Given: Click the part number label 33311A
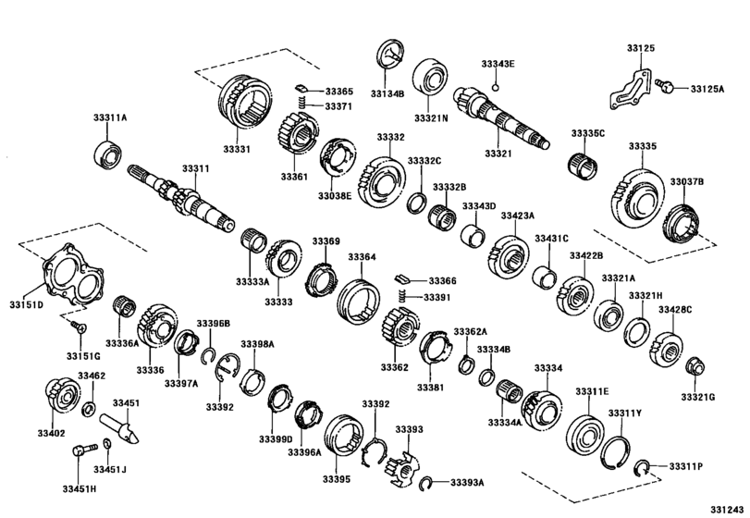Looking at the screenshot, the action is coord(110,117).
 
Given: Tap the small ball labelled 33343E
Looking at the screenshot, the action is coord(496,88).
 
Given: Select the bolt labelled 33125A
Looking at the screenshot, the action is coord(665,86).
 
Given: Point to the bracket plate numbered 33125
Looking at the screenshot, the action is coord(630,90).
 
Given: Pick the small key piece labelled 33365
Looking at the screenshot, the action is coord(300,88).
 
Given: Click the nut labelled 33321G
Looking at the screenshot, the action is coord(696,366).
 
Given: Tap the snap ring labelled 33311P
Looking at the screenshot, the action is coord(641,468).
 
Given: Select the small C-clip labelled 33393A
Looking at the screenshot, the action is coord(425,484).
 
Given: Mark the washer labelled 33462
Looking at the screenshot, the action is coord(89,410).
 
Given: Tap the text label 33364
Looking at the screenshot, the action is coord(362,257).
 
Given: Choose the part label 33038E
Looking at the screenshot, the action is coord(335,195).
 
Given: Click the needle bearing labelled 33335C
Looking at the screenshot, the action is coord(583,166).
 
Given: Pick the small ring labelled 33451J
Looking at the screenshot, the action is coord(107,444).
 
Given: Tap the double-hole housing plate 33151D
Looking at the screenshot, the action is coord(73,275).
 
